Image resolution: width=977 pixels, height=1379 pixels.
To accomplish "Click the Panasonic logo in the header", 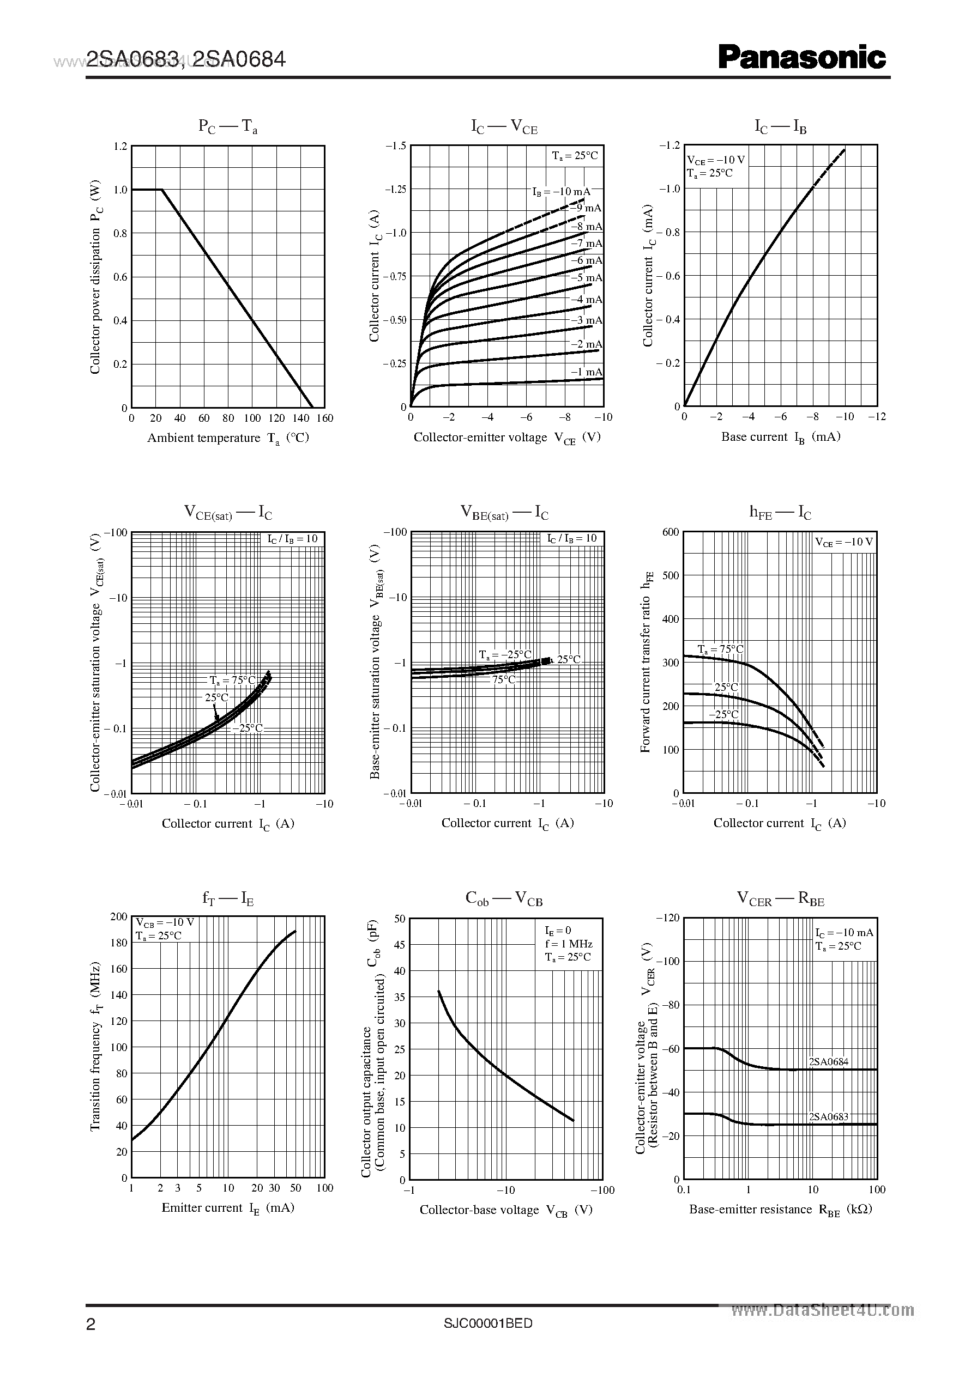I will (802, 58).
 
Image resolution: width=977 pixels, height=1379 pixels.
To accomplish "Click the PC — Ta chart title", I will (228, 127).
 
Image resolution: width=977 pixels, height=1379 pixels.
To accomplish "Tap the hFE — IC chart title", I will (780, 513).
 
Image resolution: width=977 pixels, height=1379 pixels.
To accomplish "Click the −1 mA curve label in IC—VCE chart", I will (586, 372).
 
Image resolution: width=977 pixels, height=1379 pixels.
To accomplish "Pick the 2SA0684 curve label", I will (828, 1061).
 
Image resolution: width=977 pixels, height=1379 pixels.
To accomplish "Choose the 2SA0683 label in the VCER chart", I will (828, 1117).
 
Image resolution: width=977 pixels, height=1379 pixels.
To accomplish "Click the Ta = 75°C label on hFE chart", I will (720, 649).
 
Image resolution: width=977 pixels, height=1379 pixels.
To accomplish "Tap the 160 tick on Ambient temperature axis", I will (324, 418).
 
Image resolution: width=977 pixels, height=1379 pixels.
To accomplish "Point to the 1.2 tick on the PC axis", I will (120, 146).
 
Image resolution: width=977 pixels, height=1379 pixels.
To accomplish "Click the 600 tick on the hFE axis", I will (670, 532).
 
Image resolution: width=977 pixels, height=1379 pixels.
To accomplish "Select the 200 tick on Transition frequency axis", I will (119, 917).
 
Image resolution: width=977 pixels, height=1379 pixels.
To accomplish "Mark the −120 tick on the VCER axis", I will (667, 918).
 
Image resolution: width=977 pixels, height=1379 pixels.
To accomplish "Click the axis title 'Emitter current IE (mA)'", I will (227, 1208).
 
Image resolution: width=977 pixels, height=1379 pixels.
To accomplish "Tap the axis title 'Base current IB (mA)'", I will (780, 437).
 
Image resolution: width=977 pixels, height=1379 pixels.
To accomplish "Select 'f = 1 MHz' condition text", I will (569, 944).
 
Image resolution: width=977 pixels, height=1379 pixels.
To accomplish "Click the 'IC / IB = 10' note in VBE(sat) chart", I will (571, 538).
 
